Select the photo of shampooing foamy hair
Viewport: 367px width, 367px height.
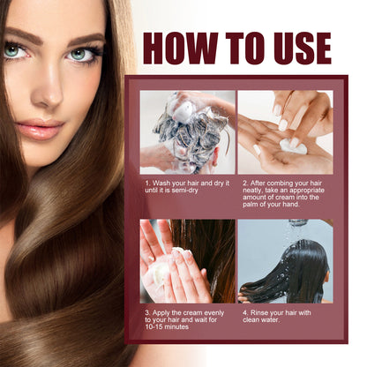187,131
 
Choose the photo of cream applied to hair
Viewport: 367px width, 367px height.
187,261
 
